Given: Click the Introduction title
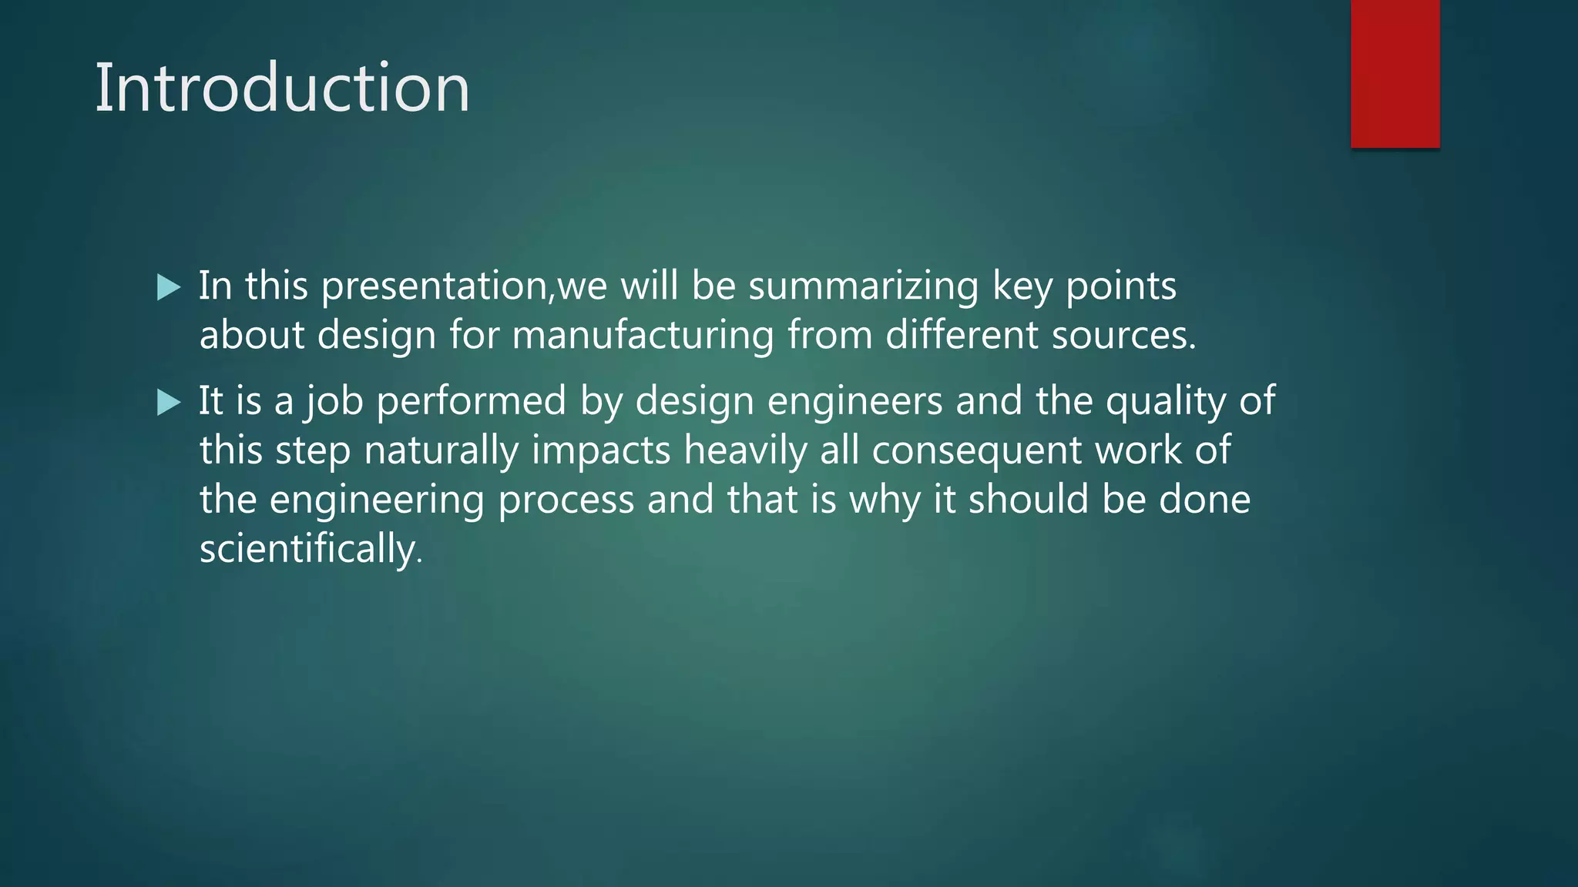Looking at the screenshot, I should pyautogui.click(x=282, y=88).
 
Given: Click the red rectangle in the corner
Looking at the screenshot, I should pyautogui.click(x=1395, y=73).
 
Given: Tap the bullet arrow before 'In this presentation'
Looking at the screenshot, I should pyautogui.click(x=168, y=288).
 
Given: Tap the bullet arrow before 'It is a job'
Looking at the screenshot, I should pyautogui.click(x=168, y=402).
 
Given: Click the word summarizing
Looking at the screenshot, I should pyautogui.click(x=863, y=286).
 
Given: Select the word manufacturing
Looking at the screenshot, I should pyautogui.click(x=643, y=336).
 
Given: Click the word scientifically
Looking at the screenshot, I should pyautogui.click(x=311, y=548).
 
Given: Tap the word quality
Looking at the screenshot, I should pyautogui.click(x=1166, y=402).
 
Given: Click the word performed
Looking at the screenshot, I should pyautogui.click(x=471, y=402).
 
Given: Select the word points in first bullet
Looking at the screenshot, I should pyautogui.click(x=1120, y=286).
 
